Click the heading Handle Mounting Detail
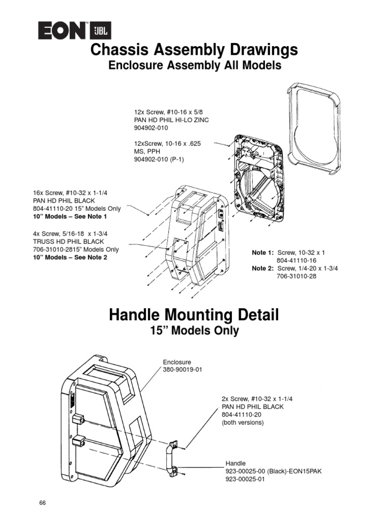194,315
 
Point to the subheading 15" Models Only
194,331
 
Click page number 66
43,503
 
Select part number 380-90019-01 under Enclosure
182,369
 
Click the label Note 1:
263,252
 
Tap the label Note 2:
263,268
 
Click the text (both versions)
243,423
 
